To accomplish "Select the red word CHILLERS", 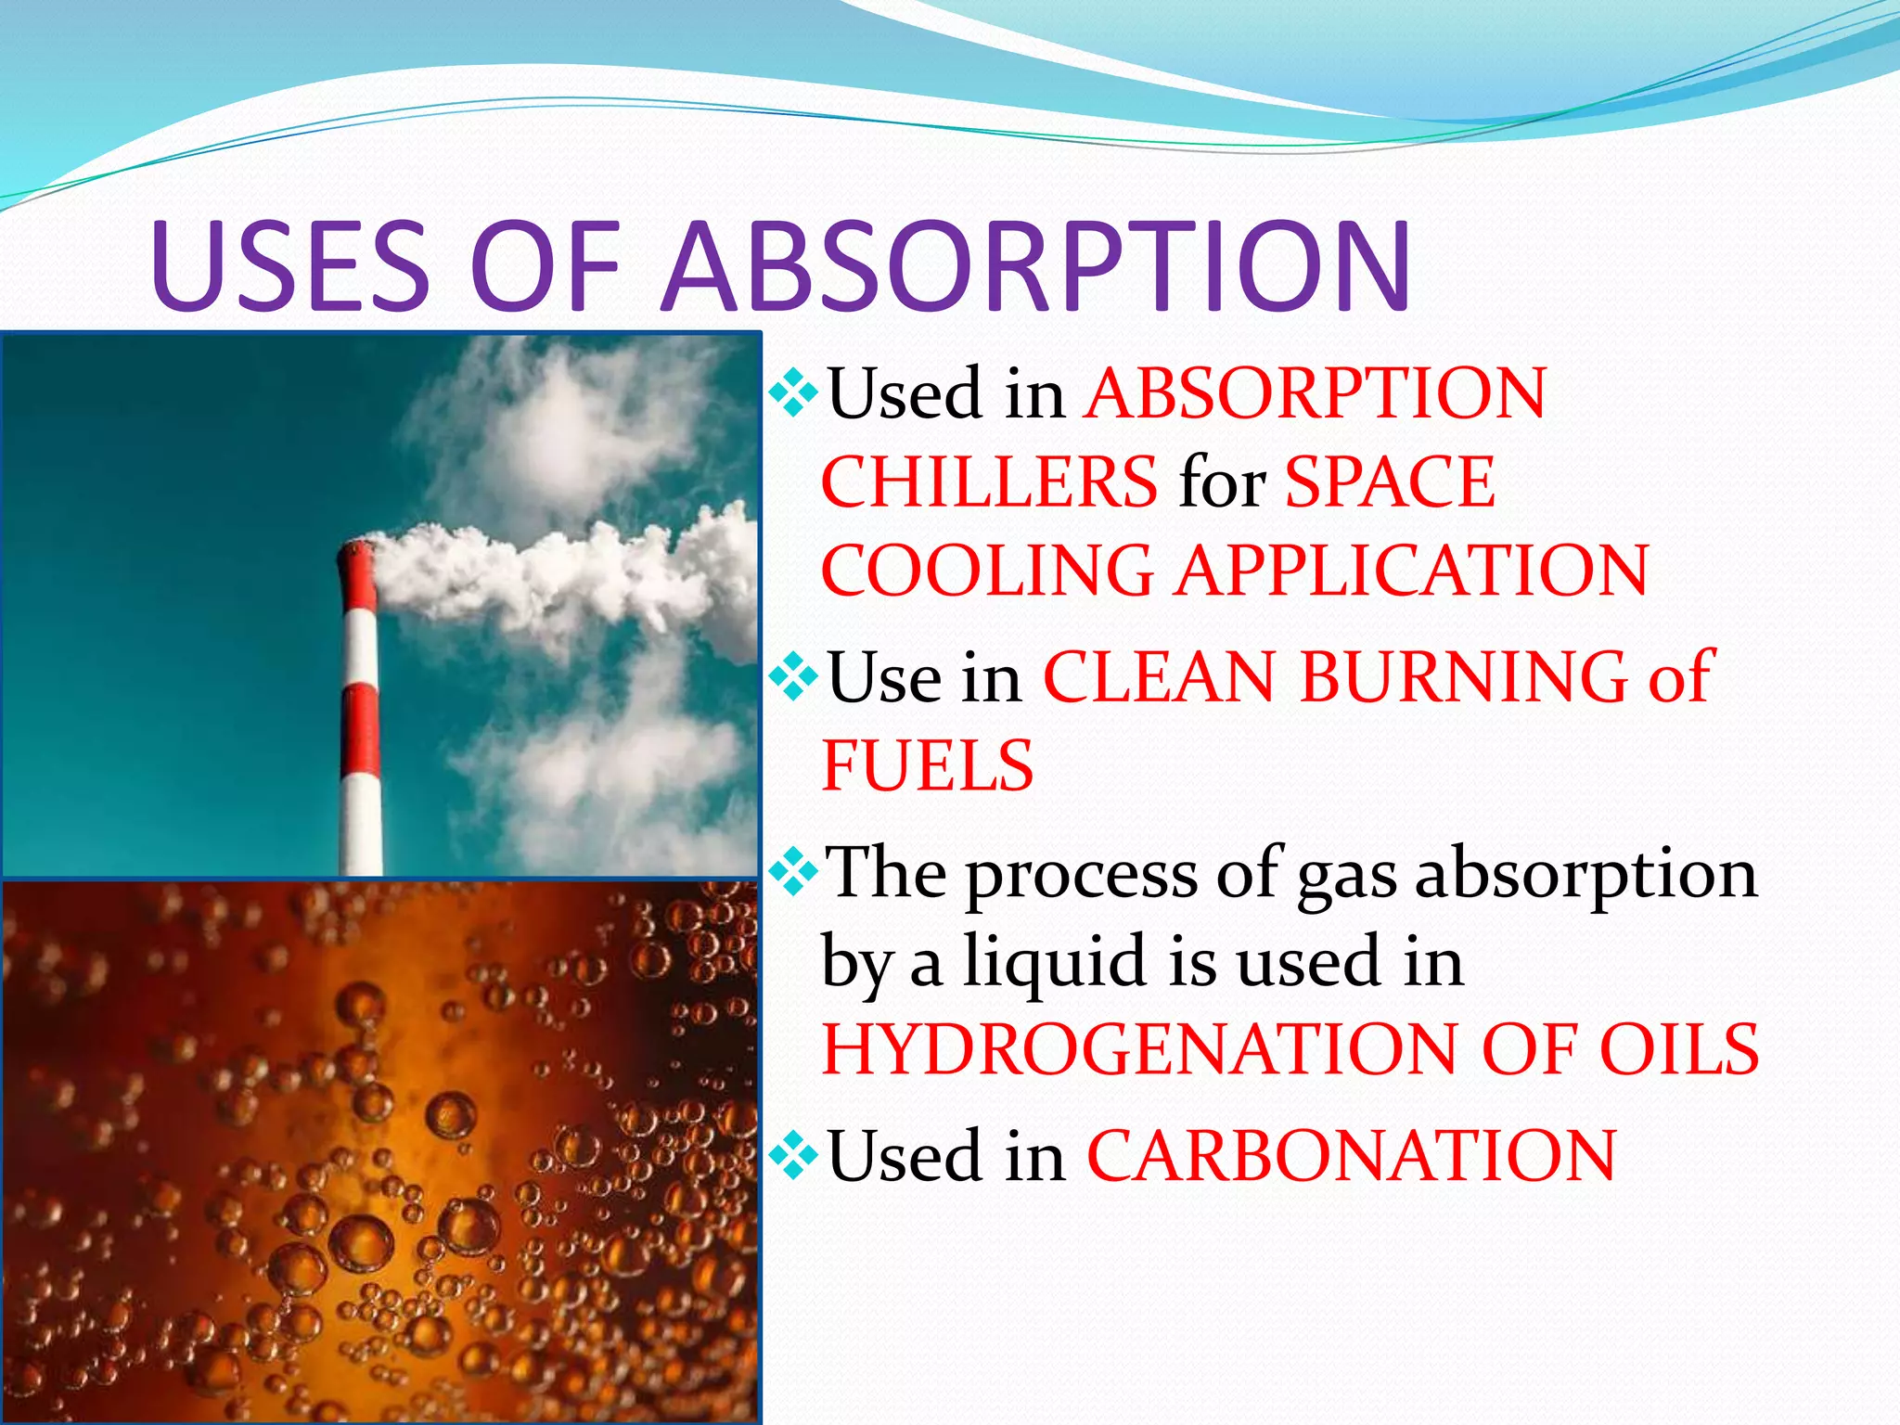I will tap(989, 482).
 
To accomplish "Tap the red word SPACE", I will tap(1390, 482).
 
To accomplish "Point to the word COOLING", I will tap(987, 570).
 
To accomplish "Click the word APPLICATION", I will tap(1412, 570).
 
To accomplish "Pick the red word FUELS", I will tap(928, 766).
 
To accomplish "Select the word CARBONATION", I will tap(1351, 1156).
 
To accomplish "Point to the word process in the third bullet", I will tap(1082, 876).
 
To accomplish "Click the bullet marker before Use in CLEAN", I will tap(793, 676).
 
